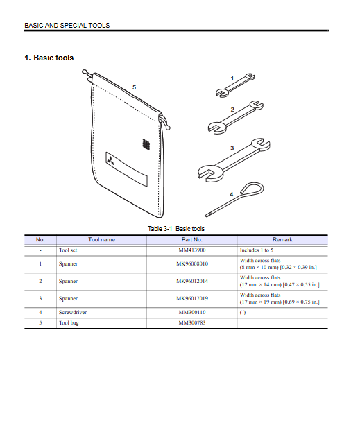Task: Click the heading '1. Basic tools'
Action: [x=49, y=58]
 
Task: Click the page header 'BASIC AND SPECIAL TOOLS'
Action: [x=67, y=26]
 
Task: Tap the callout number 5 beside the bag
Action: [x=134, y=87]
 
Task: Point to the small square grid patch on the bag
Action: [x=146, y=144]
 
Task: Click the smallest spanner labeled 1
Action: [x=235, y=85]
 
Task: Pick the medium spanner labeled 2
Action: [x=236, y=117]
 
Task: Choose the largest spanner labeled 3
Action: [x=234, y=159]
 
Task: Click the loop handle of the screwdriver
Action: [x=252, y=188]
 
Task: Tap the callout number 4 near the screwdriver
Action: [x=232, y=194]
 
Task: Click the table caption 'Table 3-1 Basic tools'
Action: [x=176, y=229]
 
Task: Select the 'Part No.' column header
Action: [x=192, y=240]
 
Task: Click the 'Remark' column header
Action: [x=282, y=240]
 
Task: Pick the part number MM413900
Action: [x=192, y=250]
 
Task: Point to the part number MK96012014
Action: [x=192, y=282]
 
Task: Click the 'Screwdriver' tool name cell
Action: [x=73, y=313]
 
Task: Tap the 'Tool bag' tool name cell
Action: [x=69, y=323]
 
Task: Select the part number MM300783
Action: [x=192, y=322]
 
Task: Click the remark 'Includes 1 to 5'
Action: [x=257, y=250]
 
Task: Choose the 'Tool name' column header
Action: [x=101, y=240]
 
